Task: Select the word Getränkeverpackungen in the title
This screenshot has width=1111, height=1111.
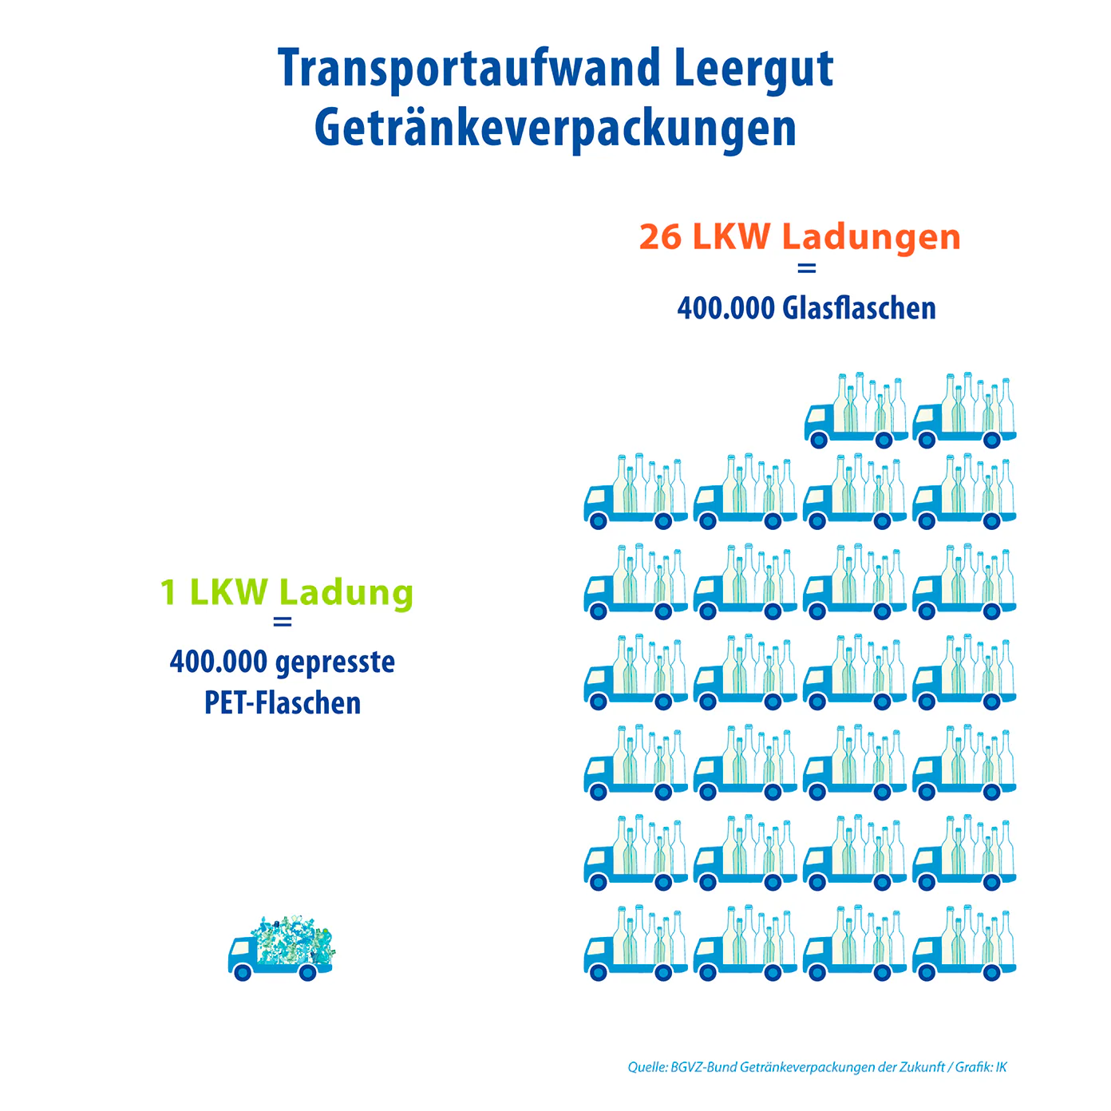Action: pyautogui.click(x=555, y=129)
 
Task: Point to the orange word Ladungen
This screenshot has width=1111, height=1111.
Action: pyautogui.click(x=871, y=238)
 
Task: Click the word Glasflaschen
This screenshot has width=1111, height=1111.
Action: pyautogui.click(x=859, y=308)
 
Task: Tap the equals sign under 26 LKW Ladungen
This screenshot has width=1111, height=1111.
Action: pyautogui.click(x=806, y=268)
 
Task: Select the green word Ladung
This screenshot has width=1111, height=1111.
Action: pyautogui.click(x=346, y=594)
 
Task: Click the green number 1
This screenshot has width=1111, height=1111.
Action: pyautogui.click(x=168, y=592)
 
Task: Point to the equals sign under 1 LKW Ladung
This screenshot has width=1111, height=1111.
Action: pyautogui.click(x=282, y=622)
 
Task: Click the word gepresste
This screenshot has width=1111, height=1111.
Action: pyautogui.click(x=335, y=663)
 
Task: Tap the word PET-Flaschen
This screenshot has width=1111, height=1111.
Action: pyautogui.click(x=283, y=703)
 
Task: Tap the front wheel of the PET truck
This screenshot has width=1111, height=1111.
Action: pyautogui.click(x=242, y=973)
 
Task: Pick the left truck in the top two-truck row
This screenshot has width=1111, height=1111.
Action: pyautogui.click(x=856, y=410)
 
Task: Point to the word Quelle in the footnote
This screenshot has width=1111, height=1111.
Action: pyautogui.click(x=647, y=1067)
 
